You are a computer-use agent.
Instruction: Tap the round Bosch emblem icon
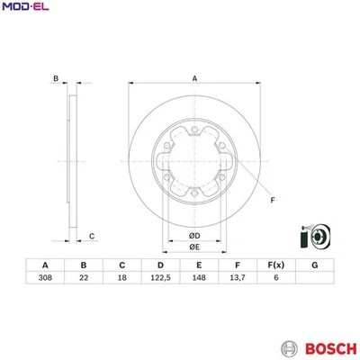[288, 347]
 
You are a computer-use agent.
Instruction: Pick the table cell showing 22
[83, 279]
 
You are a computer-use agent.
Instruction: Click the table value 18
[121, 279]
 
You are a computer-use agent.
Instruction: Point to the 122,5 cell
[159, 279]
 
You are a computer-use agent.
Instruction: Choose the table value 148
[198, 279]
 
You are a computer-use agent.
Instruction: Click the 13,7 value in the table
[237, 279]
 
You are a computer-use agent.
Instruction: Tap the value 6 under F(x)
[275, 279]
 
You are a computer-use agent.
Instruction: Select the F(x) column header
[275, 265]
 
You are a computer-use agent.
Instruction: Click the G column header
[313, 265]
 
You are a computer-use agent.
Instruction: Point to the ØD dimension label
[193, 236]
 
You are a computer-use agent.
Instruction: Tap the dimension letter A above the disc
[193, 79]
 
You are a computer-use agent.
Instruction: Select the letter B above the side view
[55, 79]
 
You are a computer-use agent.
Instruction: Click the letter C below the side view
[92, 236]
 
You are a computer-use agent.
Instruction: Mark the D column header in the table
[159, 265]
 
